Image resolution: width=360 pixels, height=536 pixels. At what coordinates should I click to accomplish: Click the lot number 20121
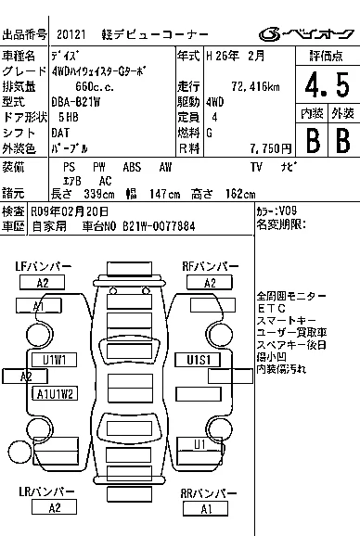[x=71, y=34]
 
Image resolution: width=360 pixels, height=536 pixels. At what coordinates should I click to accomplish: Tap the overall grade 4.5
[x=328, y=84]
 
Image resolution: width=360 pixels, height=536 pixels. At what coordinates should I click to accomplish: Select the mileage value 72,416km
[x=255, y=87]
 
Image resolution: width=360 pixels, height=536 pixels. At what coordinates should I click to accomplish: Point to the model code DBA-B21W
[x=75, y=102]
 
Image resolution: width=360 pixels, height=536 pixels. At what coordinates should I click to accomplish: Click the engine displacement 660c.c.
[x=95, y=87]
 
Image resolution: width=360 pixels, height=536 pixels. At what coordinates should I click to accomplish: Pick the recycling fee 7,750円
[x=270, y=148]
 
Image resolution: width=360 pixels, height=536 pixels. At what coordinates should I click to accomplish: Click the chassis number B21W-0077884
[x=159, y=226]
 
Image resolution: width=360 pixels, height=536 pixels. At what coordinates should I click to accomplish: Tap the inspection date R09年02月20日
[x=70, y=212]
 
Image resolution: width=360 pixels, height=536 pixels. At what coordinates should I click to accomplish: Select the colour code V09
[x=288, y=211]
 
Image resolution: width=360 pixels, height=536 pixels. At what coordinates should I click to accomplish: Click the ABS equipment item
[x=132, y=167]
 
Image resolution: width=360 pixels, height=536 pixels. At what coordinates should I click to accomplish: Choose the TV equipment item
[x=256, y=167]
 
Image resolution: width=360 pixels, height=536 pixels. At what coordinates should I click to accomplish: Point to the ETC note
[x=271, y=309]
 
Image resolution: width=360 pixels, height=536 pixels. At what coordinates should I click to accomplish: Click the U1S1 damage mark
[x=198, y=360]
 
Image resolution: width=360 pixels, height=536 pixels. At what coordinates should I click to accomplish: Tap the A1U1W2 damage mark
[x=55, y=394]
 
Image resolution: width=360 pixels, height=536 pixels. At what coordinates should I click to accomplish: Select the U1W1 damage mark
[x=55, y=360]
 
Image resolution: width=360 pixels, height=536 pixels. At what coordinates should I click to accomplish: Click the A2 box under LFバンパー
[x=43, y=283]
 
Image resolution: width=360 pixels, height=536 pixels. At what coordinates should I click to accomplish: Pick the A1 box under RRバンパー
[x=205, y=509]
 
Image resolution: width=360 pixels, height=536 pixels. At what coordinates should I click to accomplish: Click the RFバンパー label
[x=211, y=267]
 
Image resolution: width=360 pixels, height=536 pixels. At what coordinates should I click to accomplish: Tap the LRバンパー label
[x=46, y=491]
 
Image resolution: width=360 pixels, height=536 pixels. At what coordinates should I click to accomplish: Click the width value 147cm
[x=164, y=195]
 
